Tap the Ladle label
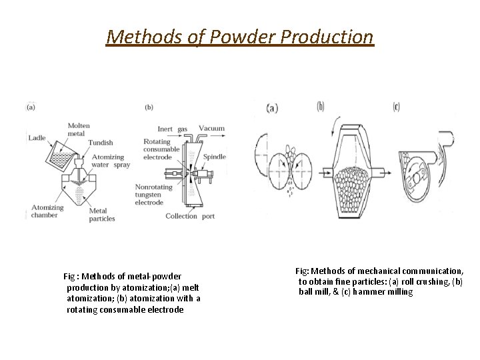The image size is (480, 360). click(x=37, y=138)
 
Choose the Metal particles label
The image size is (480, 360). click(x=103, y=214)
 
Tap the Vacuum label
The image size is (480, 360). click(x=211, y=128)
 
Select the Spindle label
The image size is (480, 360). click(x=215, y=157)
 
